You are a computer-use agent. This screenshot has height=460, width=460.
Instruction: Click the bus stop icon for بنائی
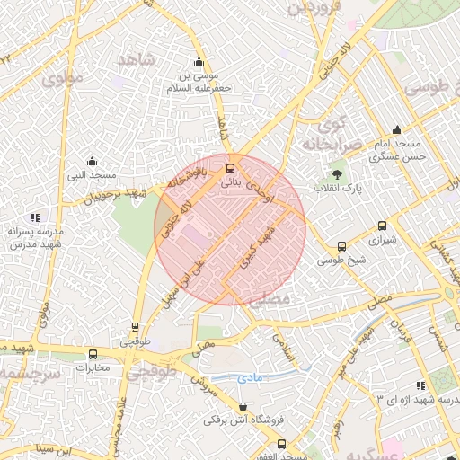point(231,168)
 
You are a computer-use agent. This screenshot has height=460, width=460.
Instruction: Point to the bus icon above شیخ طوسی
point(341,246)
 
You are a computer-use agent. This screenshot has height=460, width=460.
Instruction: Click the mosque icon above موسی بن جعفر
point(199,62)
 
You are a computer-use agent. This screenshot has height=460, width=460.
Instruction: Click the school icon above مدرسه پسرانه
point(35,217)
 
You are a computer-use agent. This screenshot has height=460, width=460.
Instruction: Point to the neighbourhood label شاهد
point(136,60)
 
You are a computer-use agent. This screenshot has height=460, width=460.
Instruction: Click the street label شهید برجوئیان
point(112,191)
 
